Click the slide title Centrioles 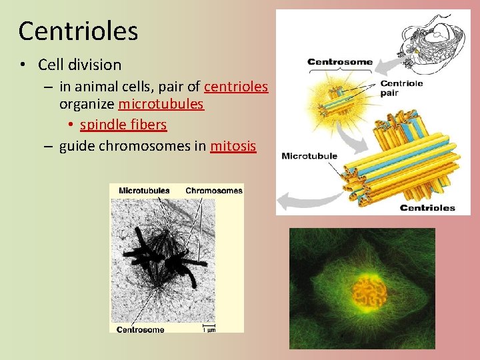point(78,31)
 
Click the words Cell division point(80,65)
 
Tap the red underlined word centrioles point(236,87)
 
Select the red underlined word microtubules point(161,105)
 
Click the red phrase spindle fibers point(123,125)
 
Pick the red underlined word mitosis point(233,146)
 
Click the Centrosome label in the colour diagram point(339,62)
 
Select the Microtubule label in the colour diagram point(309,157)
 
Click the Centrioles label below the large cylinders point(427,207)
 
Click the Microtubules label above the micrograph point(143,191)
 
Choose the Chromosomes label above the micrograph point(213,191)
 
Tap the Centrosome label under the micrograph point(140,329)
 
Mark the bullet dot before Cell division point(23,65)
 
